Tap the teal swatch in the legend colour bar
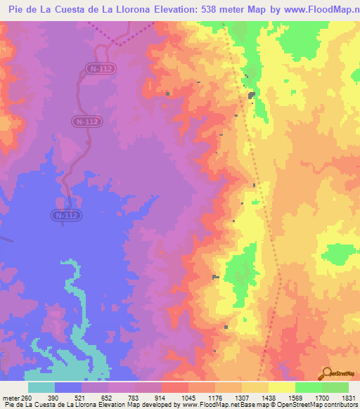coord(41,387)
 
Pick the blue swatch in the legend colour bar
coord(68,387)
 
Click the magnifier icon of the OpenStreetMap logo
coord(326,373)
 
